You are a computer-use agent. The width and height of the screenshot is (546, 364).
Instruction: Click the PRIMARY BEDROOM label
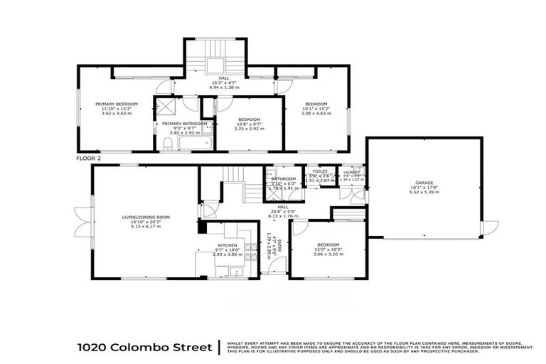click(x=117, y=104)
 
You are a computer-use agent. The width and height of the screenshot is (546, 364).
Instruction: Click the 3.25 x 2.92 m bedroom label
click(x=249, y=129)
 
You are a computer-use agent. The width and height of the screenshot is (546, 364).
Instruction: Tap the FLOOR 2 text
click(x=89, y=159)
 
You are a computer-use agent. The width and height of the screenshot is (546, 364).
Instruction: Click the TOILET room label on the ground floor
click(x=319, y=171)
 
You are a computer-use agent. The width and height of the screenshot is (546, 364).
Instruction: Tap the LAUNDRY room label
click(x=351, y=172)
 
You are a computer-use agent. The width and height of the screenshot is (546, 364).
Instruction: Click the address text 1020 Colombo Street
click(x=144, y=348)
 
